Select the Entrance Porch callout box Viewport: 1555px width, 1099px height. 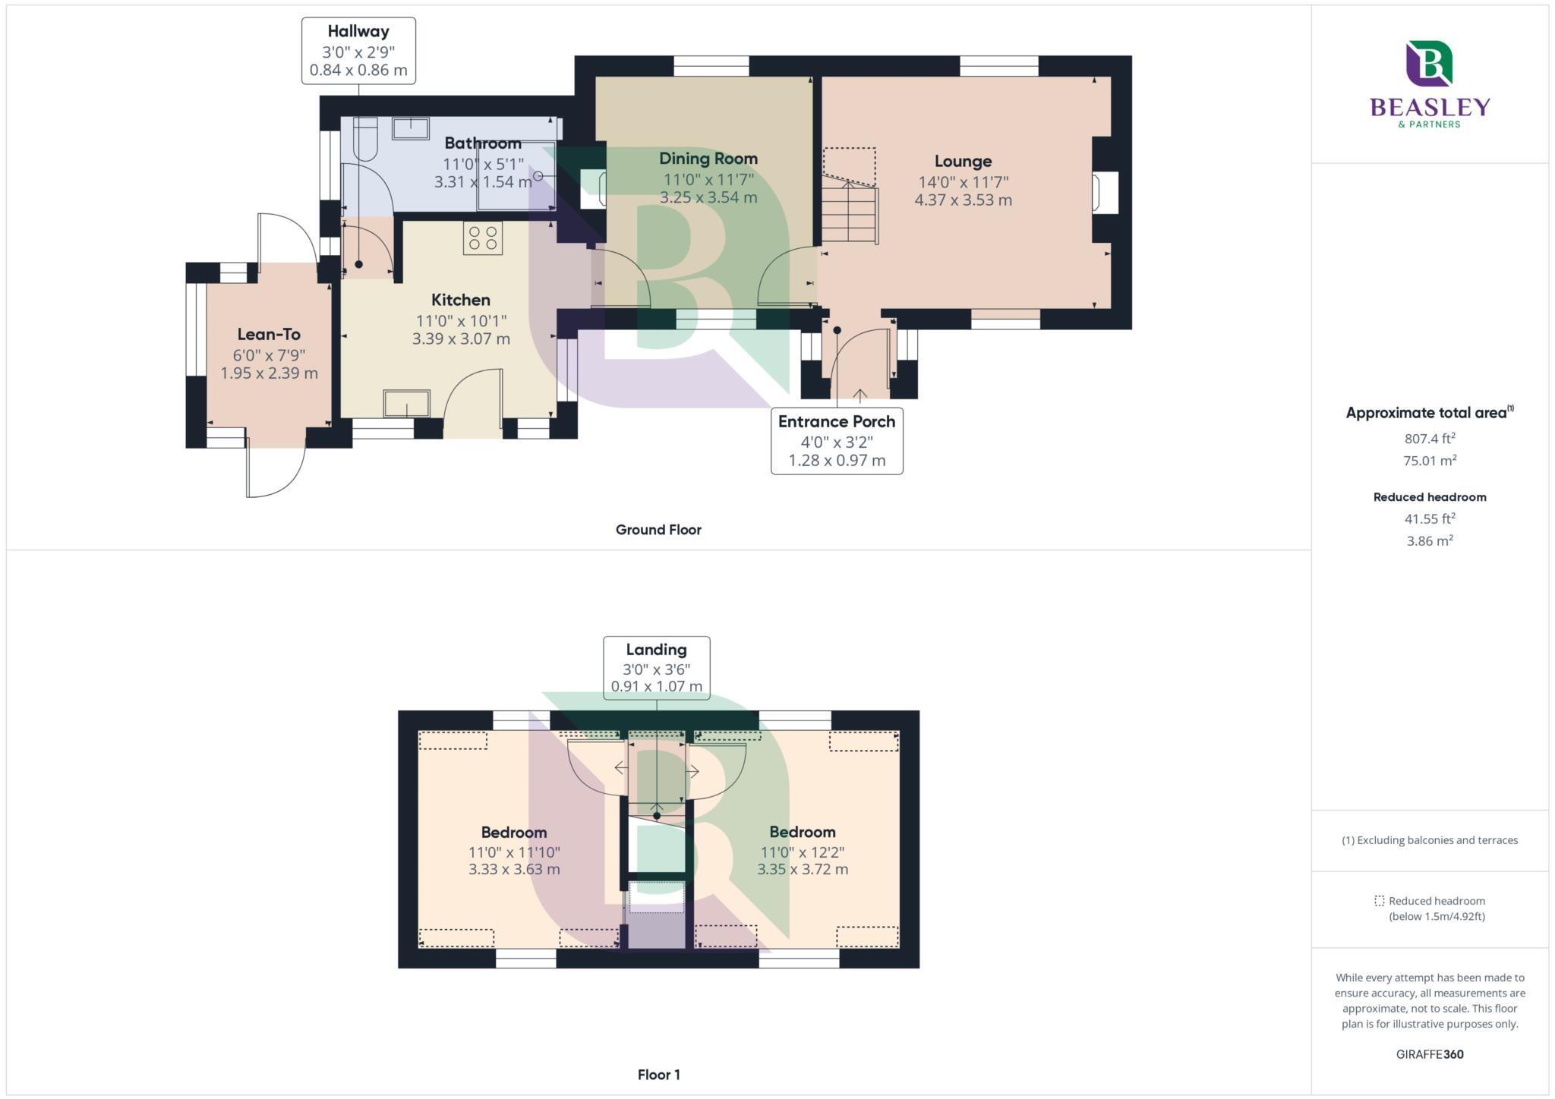837,441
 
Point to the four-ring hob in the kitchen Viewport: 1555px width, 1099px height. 483,238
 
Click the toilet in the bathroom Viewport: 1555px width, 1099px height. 365,138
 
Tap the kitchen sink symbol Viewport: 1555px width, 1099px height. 406,403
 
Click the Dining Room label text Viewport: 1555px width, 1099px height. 708,159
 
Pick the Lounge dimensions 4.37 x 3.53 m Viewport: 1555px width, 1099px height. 963,200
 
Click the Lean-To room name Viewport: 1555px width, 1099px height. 269,335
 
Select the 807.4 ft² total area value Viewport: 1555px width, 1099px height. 1430,439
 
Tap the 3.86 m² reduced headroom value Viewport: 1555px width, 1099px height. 1430,541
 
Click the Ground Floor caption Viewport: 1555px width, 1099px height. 658,530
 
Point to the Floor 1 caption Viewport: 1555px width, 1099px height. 658,1075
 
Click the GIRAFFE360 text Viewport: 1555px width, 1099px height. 1430,1054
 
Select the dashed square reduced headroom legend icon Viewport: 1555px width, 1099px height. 1379,901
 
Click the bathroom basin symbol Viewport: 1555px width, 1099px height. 410,128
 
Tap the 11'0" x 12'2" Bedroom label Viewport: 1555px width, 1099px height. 803,852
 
